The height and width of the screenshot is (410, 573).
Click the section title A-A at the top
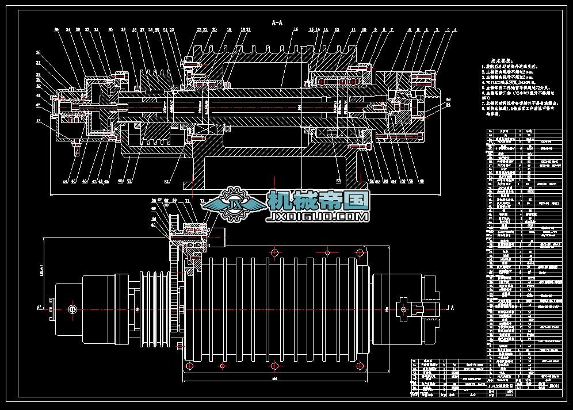pos(277,22)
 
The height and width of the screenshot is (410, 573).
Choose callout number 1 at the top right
pos(454,29)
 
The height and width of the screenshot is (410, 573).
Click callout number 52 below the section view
pos(167,181)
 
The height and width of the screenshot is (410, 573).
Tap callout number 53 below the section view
pos(338,181)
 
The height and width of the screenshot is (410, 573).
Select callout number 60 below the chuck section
pos(422,181)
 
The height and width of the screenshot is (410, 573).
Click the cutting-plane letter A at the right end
pos(452,308)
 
